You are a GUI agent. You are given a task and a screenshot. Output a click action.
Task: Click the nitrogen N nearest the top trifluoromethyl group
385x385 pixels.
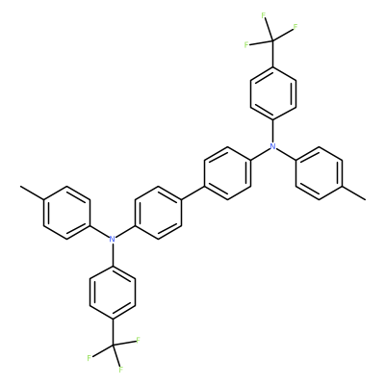[x=273, y=146]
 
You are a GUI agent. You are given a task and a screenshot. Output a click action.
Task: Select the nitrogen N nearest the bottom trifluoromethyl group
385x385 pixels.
[x=112, y=239]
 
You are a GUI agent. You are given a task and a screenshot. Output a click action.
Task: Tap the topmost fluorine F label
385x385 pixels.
[x=264, y=15]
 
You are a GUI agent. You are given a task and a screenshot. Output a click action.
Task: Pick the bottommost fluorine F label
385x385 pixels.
[x=120, y=370]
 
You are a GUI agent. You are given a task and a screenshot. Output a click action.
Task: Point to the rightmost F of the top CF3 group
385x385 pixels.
[x=295, y=26]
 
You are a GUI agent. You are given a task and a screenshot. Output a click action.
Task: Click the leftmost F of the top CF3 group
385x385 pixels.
[x=246, y=44]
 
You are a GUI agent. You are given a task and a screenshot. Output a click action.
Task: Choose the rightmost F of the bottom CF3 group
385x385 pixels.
[x=139, y=340]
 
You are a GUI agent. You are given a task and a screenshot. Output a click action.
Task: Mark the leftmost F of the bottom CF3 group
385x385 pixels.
[x=90, y=358]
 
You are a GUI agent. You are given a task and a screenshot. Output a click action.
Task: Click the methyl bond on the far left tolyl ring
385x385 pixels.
[x=32, y=192]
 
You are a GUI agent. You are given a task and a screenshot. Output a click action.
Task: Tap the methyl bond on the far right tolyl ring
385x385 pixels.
[x=353, y=192]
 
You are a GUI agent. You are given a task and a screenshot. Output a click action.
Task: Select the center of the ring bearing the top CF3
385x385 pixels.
[x=273, y=93]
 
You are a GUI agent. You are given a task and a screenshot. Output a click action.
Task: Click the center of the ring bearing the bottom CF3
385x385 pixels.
[x=112, y=292]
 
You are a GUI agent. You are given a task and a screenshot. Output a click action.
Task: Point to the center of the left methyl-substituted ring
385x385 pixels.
[x=66, y=212]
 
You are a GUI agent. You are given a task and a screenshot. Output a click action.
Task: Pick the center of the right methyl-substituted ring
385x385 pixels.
[x=319, y=173]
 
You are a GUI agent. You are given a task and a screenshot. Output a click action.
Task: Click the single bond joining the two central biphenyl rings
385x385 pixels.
[x=192, y=192]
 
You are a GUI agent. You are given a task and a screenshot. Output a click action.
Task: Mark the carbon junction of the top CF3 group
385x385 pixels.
[x=273, y=40]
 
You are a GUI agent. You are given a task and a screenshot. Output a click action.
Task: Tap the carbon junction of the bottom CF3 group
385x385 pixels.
[x=112, y=345]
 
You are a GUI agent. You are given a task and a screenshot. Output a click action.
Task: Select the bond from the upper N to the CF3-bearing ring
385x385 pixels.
[x=273, y=131]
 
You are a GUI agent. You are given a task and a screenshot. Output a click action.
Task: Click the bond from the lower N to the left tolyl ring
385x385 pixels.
[x=99, y=231]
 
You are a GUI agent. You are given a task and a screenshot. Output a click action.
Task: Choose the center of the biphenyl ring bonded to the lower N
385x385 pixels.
[x=158, y=212]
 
